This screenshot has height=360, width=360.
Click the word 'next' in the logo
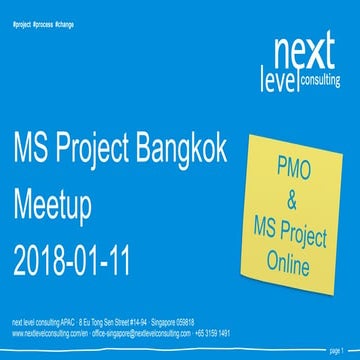303,48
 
